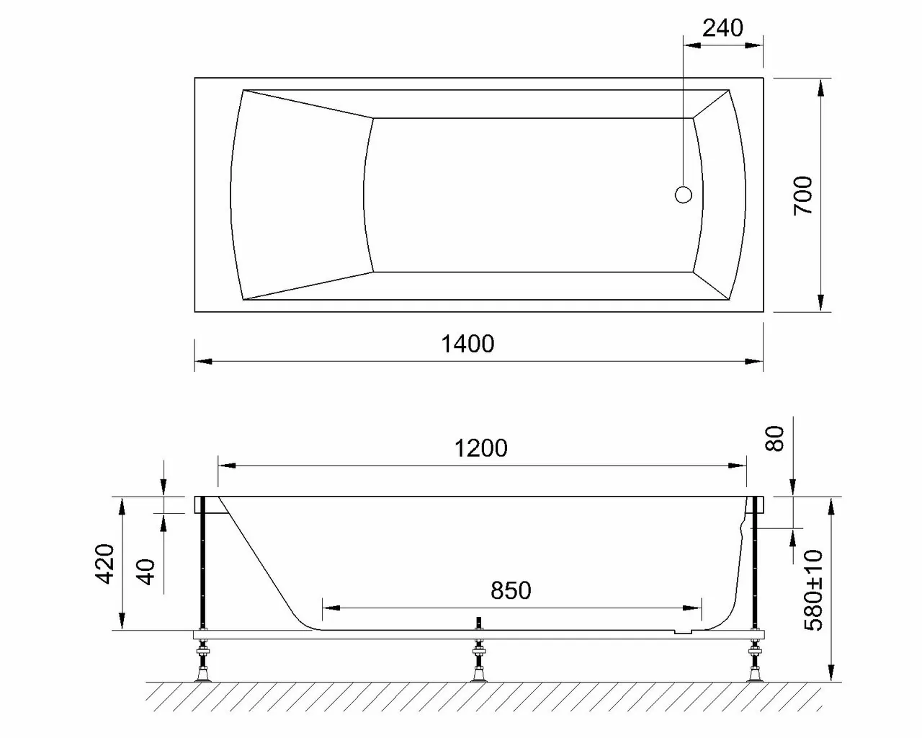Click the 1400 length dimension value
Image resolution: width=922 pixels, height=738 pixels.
(x=467, y=344)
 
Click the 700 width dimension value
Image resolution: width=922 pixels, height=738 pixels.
(x=802, y=195)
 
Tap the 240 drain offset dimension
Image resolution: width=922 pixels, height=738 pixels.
(x=722, y=28)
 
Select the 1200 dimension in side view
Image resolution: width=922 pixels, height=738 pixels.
(x=480, y=448)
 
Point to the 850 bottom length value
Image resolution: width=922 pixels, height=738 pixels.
(x=510, y=590)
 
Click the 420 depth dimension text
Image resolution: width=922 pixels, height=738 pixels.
(x=105, y=564)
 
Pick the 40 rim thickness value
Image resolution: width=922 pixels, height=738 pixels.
(x=146, y=571)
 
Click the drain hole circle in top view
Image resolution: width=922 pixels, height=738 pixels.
(x=683, y=195)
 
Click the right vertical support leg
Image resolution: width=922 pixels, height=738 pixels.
(x=755, y=562)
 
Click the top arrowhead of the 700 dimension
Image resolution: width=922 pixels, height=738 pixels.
(x=820, y=86)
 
